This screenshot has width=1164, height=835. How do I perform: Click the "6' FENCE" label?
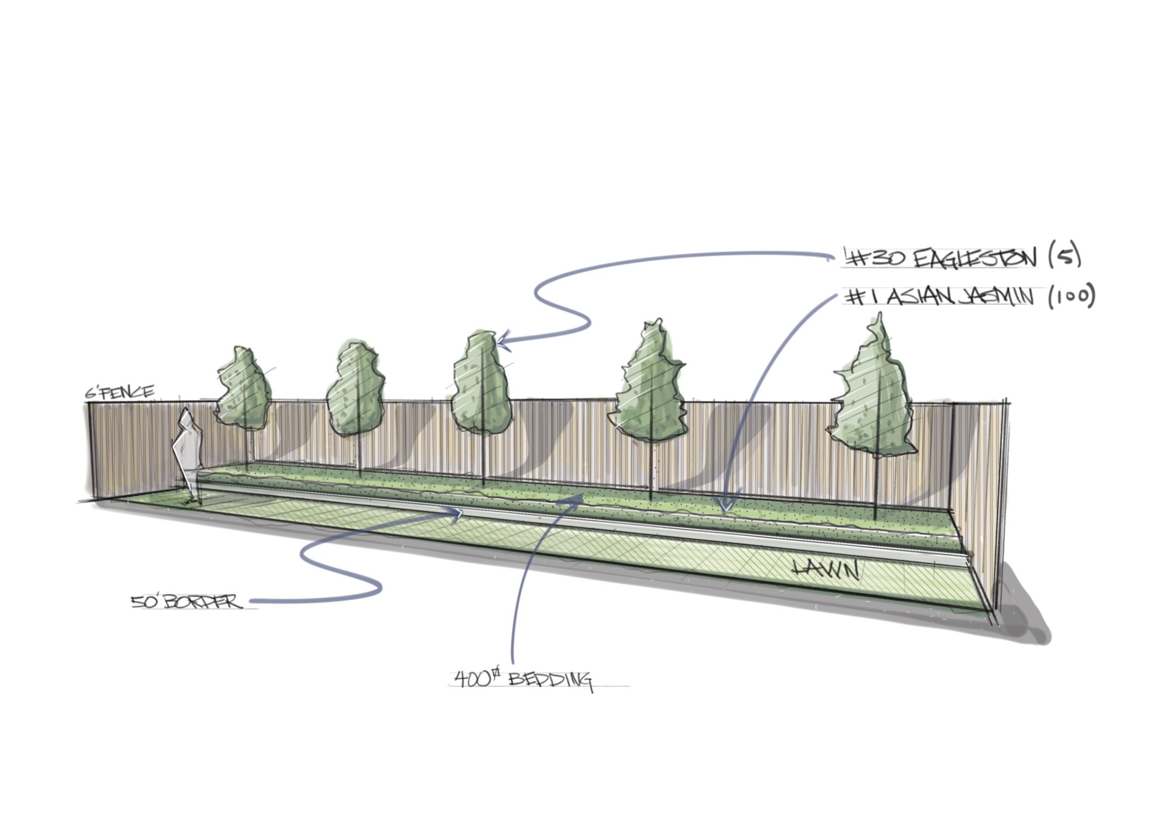[x=119, y=392]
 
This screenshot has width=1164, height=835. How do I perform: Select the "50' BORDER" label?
[x=187, y=602]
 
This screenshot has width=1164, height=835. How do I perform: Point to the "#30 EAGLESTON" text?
[x=941, y=258]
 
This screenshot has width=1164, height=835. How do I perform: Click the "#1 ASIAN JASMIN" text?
[x=941, y=297]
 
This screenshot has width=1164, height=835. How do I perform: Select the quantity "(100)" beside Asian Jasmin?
[x=1072, y=296]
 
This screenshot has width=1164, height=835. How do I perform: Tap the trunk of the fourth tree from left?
[x=651, y=471]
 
